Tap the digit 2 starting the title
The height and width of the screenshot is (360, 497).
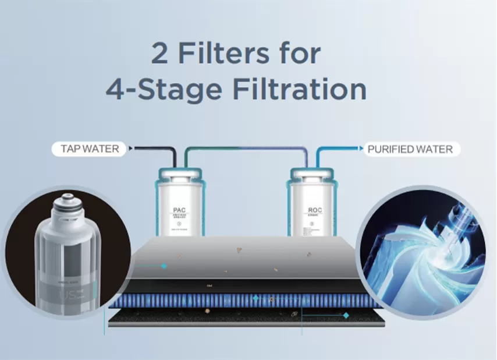[x=161, y=54]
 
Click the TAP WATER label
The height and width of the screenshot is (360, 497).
[x=90, y=149]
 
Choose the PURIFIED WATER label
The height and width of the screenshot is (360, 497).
[x=410, y=149]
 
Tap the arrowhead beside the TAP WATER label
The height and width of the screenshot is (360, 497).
[x=130, y=149]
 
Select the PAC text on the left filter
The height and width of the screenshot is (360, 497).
[x=179, y=210]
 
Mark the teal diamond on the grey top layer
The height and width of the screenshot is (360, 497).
[x=164, y=266]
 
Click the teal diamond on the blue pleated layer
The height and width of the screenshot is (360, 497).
[x=255, y=298]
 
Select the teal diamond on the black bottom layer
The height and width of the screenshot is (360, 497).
[x=346, y=315]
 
